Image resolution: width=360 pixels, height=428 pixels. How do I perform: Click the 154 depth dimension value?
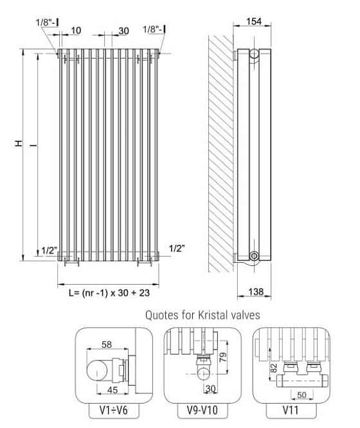(x=254, y=21)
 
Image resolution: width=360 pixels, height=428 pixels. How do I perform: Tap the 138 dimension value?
(x=256, y=292)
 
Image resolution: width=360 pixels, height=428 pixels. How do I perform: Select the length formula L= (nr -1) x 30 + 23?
(x=109, y=293)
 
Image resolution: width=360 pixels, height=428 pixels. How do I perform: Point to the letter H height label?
(x=19, y=143)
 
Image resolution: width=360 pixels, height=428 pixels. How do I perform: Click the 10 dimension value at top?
(x=76, y=30)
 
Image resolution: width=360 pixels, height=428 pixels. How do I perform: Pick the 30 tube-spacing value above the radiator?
(x=123, y=31)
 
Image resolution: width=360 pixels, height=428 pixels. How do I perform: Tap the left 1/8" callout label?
(x=48, y=22)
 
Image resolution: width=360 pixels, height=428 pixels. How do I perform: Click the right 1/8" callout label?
(x=154, y=29)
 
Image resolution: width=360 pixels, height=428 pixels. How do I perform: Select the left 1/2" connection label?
(x=49, y=250)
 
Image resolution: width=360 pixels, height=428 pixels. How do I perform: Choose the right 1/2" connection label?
(x=177, y=249)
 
